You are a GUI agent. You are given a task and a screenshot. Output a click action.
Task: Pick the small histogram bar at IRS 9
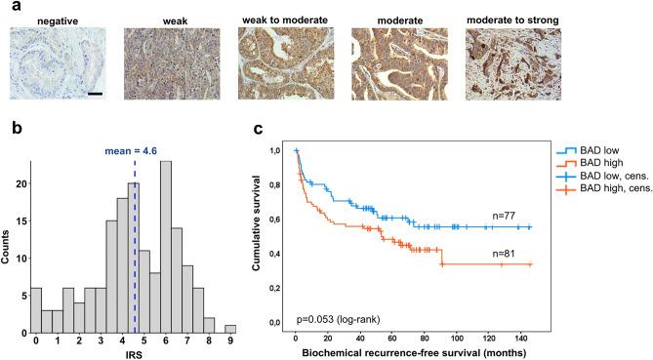coord(229,327)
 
